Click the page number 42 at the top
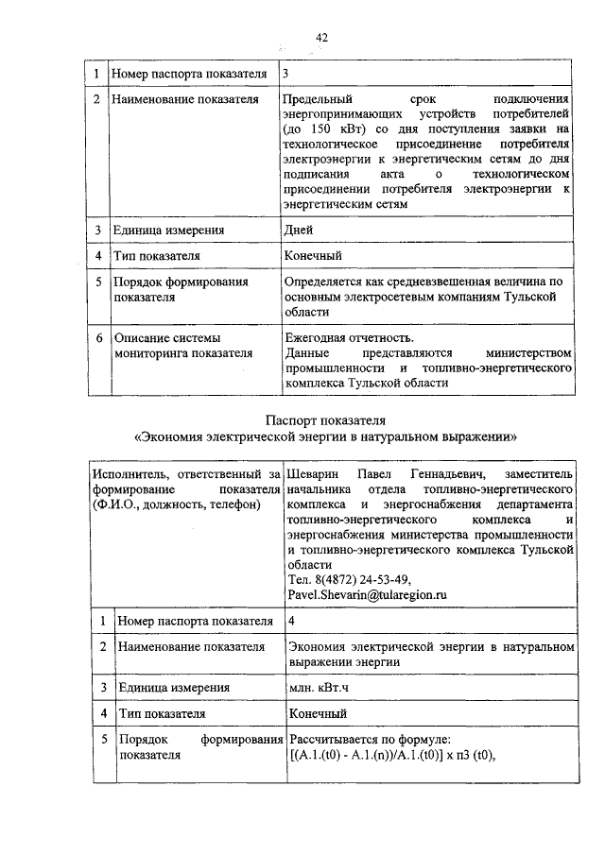tap(321, 37)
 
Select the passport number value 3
tap(287, 73)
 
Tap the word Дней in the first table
tap(300, 230)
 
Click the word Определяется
tap(326, 282)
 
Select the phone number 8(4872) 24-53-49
tap(360, 579)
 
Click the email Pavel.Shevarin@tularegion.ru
tap(367, 595)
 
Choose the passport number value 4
tap(292, 621)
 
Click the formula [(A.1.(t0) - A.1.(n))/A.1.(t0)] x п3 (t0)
tap(392, 754)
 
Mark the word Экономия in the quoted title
tap(176, 437)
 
